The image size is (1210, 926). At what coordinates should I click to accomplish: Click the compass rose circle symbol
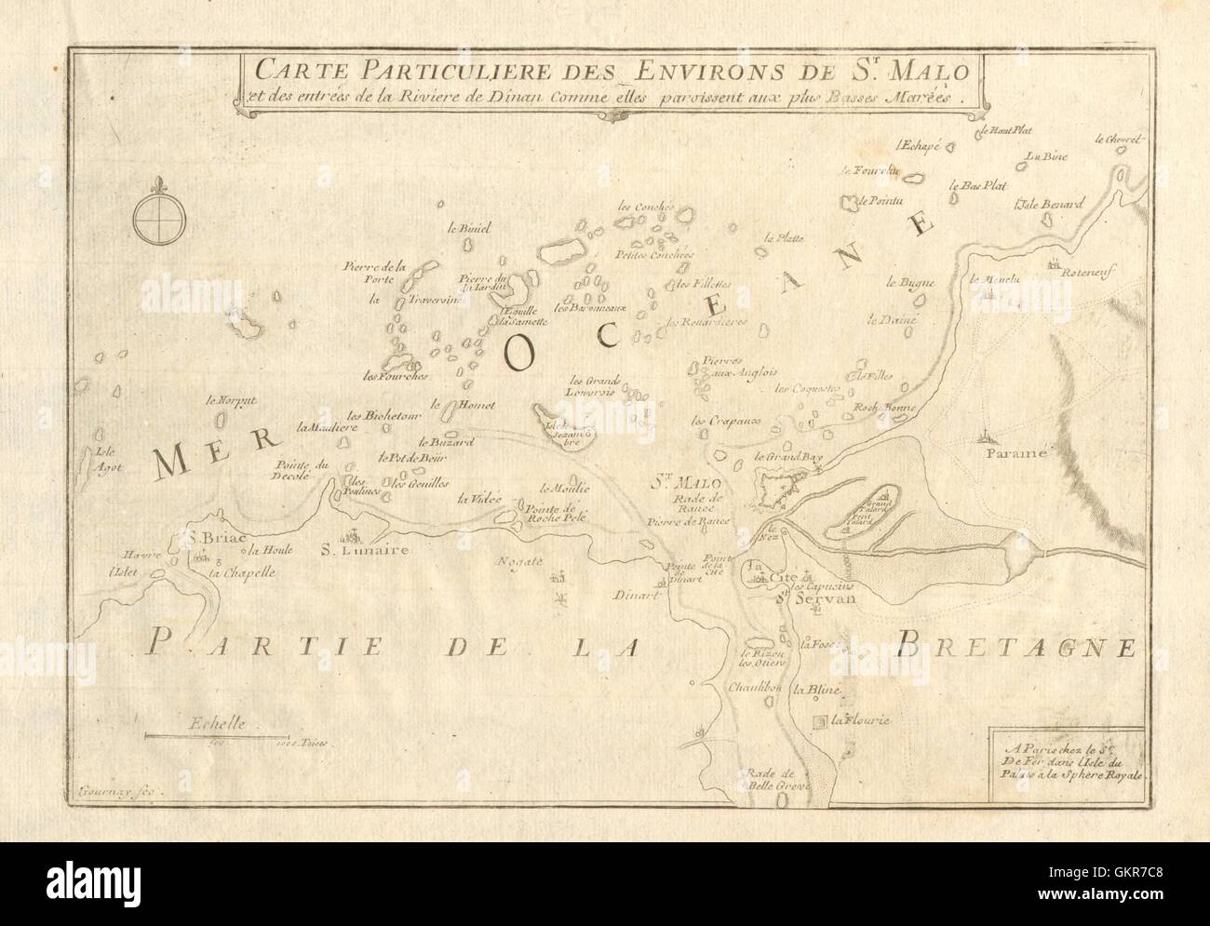click(153, 218)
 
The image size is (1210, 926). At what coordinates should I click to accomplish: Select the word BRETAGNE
click(1018, 643)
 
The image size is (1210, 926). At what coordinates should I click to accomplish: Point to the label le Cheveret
click(1117, 140)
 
